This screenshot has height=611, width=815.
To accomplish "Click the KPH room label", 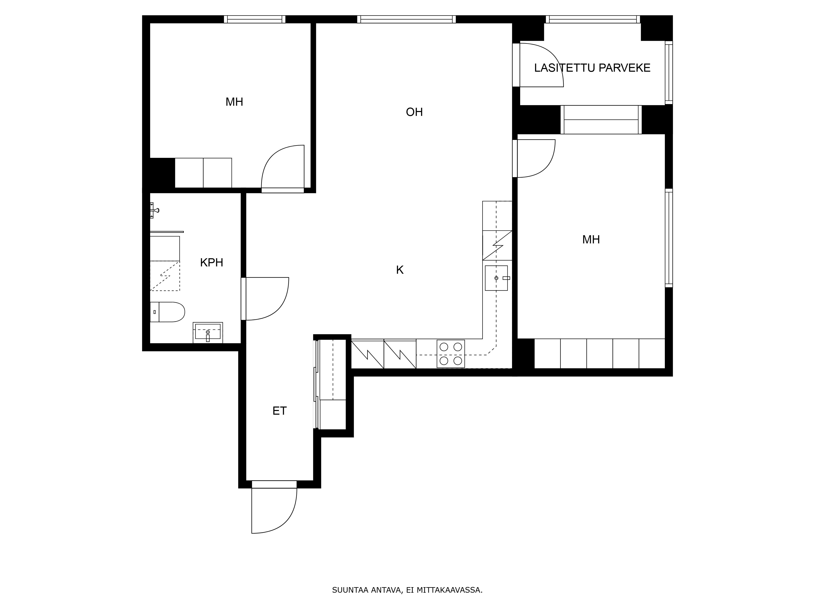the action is click(211, 263).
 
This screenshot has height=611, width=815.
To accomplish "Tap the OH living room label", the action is click(414, 112).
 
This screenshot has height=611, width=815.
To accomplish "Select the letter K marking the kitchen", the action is click(400, 270).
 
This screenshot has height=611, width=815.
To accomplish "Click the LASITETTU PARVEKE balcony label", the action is click(592, 68).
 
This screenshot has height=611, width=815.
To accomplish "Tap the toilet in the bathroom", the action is click(167, 312).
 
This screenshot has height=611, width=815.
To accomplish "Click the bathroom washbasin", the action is click(208, 333).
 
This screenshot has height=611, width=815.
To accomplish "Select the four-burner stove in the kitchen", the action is click(451, 354).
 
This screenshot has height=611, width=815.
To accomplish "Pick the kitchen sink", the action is click(496, 278).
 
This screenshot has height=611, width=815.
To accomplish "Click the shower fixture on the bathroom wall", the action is click(154, 210).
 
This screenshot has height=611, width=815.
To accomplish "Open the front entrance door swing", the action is click(274, 510).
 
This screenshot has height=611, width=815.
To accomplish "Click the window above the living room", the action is click(406, 19).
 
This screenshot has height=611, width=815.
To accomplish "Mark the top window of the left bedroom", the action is click(255, 19).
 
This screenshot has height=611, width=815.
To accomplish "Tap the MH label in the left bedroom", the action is click(234, 102).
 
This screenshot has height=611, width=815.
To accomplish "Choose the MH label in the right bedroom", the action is click(591, 240).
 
